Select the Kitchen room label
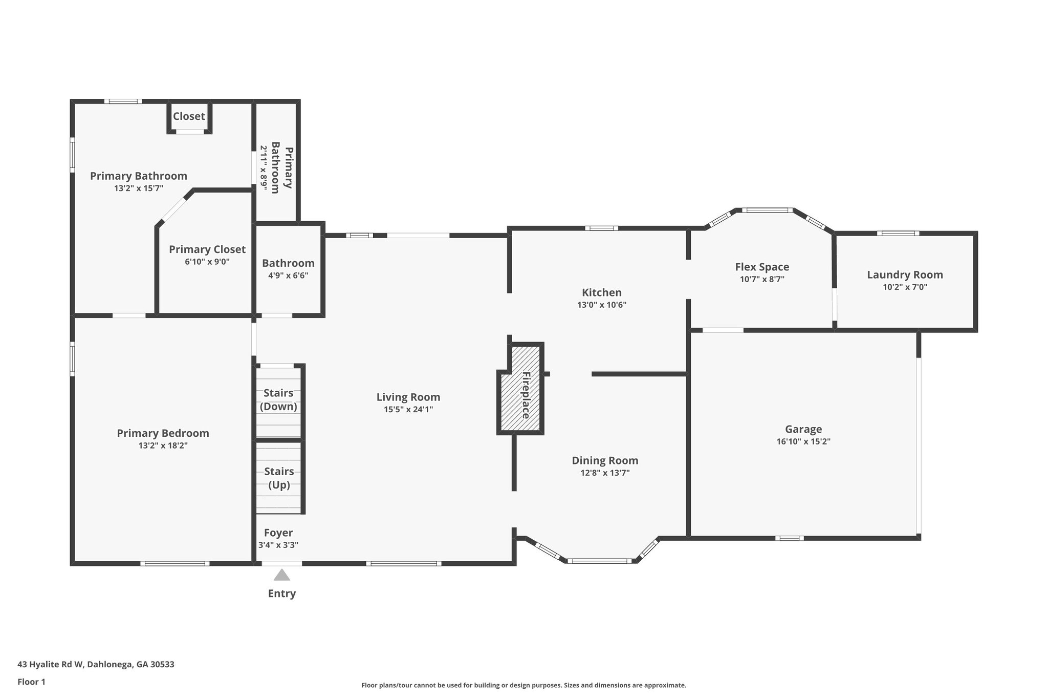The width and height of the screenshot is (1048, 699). [602, 292]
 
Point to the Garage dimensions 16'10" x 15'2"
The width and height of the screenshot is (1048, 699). [803, 441]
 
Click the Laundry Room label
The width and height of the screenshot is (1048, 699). [905, 274]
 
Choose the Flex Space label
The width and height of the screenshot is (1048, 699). [762, 267]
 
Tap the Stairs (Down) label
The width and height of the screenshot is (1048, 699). [278, 399]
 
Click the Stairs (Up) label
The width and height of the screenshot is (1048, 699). [279, 478]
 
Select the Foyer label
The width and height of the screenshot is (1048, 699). [278, 533]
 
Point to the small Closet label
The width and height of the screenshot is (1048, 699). [189, 116]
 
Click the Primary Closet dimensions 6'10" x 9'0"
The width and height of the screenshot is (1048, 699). [207, 262]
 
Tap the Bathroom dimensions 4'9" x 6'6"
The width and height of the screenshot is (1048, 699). [288, 276]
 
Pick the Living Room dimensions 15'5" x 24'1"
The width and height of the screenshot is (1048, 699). [408, 409]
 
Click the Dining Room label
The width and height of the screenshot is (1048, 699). [605, 460]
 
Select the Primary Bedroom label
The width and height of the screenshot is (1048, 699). [163, 433]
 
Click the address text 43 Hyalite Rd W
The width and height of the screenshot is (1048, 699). [50, 665]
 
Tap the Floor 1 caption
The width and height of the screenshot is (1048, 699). [31, 682]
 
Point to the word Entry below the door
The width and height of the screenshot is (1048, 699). [282, 594]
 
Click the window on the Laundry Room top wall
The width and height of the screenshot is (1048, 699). [898, 234]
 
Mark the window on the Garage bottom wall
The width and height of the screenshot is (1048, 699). [789, 538]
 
